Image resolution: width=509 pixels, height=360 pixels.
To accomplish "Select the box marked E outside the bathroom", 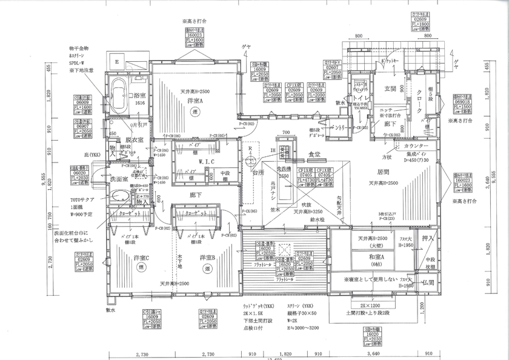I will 118,61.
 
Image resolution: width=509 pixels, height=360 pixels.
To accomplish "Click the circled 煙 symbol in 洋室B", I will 207,267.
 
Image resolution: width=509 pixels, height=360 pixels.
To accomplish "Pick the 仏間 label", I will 427,283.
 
